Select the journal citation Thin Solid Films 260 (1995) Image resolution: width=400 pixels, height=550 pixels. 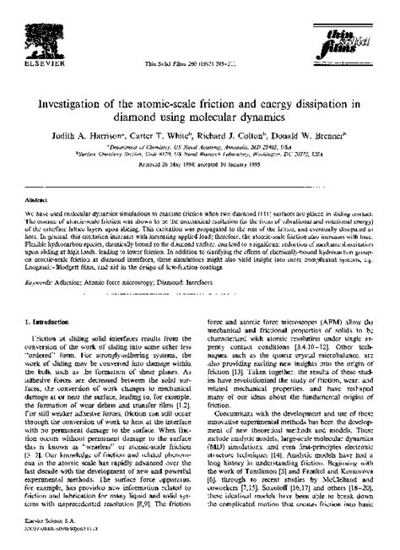pos(199,64)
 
